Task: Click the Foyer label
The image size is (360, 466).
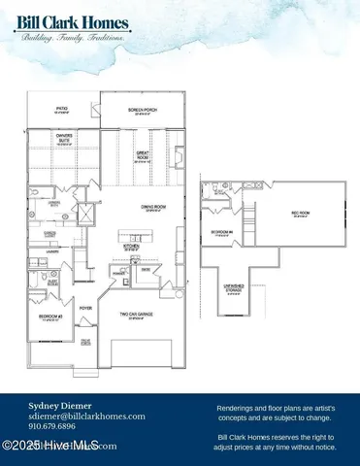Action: [84, 306]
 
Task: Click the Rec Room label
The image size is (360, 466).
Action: [301, 214]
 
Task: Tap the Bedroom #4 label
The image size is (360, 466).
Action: [223, 232]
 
